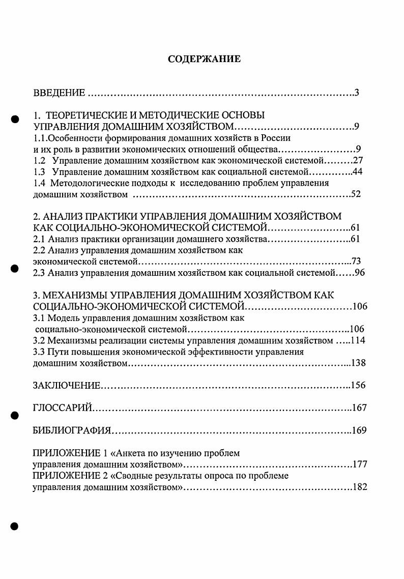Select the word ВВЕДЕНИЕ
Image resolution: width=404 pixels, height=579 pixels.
point(59,93)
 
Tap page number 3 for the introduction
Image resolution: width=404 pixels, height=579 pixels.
point(357,93)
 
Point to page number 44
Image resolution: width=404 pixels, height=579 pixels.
point(357,171)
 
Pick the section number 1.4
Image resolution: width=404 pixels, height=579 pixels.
point(39,183)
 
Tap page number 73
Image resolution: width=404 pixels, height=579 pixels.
point(356,262)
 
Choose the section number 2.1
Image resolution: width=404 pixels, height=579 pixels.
point(39,239)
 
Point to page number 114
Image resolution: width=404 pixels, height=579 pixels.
point(358,340)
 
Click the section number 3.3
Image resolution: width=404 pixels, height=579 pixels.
point(39,352)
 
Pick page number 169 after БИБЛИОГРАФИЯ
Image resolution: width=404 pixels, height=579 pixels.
point(359,430)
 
